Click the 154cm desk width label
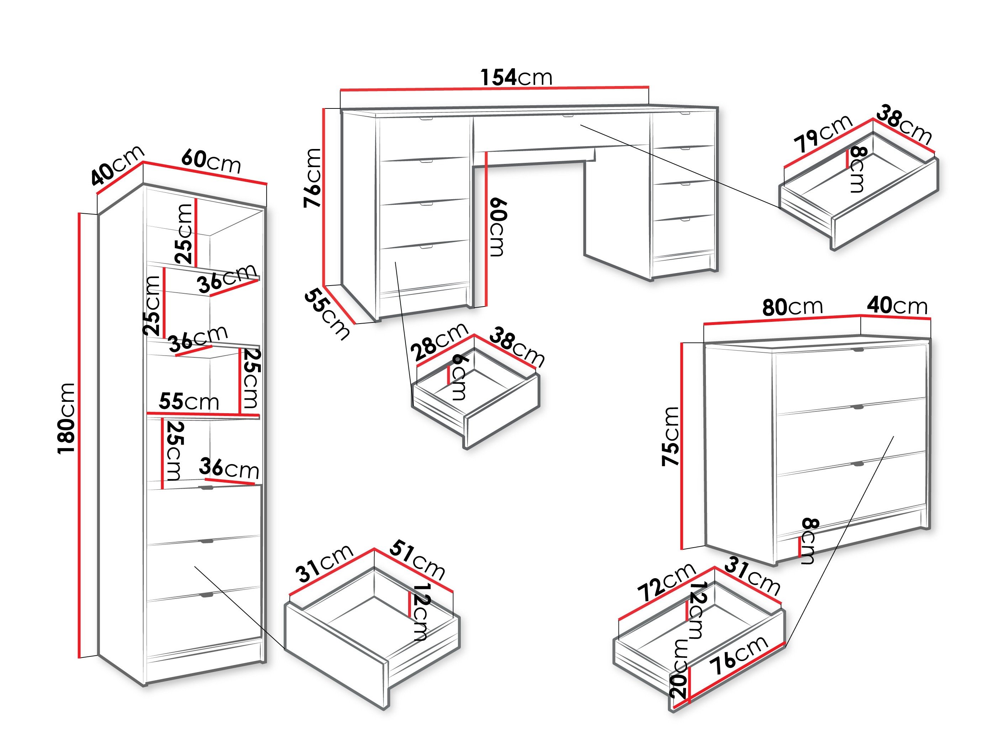pyautogui.click(x=516, y=78)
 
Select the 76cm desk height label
pyautogui.click(x=312, y=177)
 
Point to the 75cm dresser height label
pyautogui.click(x=671, y=436)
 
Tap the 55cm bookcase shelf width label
pyautogui.click(x=189, y=401)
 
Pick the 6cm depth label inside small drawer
pyautogui.click(x=459, y=377)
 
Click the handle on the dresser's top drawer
pyautogui.click(x=858, y=350)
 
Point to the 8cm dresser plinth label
pyautogui.click(x=808, y=540)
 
